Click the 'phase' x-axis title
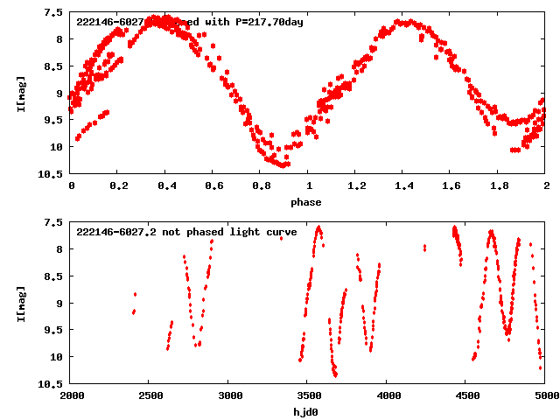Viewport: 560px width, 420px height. (x=307, y=202)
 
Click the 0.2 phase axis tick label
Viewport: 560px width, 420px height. (x=118, y=186)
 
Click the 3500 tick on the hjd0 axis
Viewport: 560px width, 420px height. (x=308, y=396)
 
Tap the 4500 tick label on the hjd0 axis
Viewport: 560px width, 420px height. (x=466, y=396)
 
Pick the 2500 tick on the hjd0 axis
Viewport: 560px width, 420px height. (x=150, y=396)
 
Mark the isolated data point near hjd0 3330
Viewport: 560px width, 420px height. (x=282, y=237)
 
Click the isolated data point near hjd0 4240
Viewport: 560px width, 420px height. (x=424, y=248)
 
